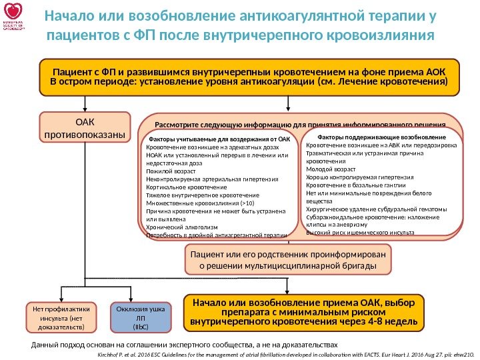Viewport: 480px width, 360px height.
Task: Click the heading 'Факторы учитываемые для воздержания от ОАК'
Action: pyautogui.click(x=219, y=139)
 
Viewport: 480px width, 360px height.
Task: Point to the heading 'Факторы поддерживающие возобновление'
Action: pyautogui.click(x=381, y=136)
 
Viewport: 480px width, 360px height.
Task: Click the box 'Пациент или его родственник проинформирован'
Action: pyautogui.click(x=288, y=260)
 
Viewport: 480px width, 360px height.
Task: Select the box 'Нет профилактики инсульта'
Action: pyautogui.click(x=61, y=318)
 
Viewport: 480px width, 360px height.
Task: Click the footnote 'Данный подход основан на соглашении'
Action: pyautogui.click(x=185, y=345)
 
